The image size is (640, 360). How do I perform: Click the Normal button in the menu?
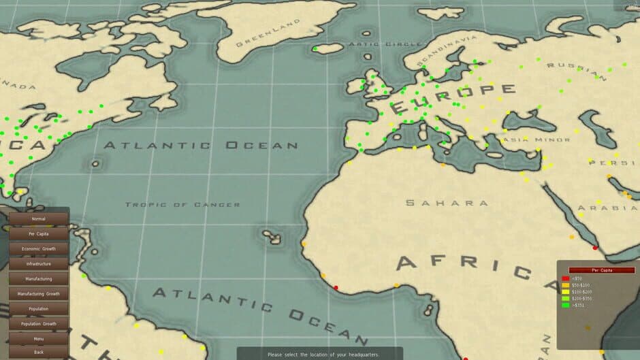pyautogui.click(x=38, y=219)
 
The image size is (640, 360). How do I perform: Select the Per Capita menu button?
pyautogui.click(x=38, y=234)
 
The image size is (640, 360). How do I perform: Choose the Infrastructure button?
pyautogui.click(x=38, y=263)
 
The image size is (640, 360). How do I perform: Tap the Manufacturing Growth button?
pyautogui.click(x=38, y=294)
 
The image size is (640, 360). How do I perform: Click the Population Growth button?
pyautogui.click(x=38, y=324)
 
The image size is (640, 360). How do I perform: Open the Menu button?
pyautogui.click(x=38, y=339)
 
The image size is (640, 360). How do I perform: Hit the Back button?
pyautogui.click(x=38, y=353)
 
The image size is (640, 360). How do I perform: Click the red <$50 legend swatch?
pyautogui.click(x=565, y=278)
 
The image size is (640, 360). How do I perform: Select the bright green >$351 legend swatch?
pyautogui.click(x=565, y=305)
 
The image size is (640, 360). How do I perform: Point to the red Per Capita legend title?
pyautogui.click(x=597, y=270)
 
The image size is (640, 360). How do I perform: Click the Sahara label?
pyautogui.click(x=447, y=203)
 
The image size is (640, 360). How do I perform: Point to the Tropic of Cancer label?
pyautogui.click(x=182, y=204)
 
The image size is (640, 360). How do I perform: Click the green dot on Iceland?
pyautogui.click(x=315, y=49)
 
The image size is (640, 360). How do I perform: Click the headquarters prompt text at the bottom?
pyautogui.click(x=323, y=355)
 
